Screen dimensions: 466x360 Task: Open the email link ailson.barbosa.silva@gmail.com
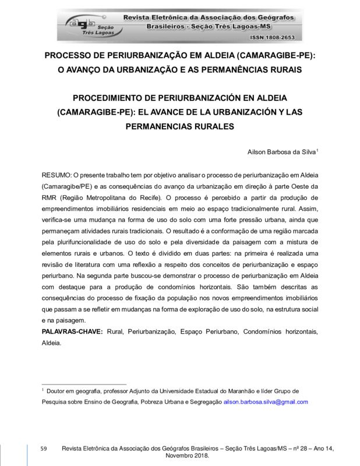[266, 402]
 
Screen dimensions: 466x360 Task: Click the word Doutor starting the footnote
[57, 391]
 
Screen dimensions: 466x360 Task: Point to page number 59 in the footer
[43, 448]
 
